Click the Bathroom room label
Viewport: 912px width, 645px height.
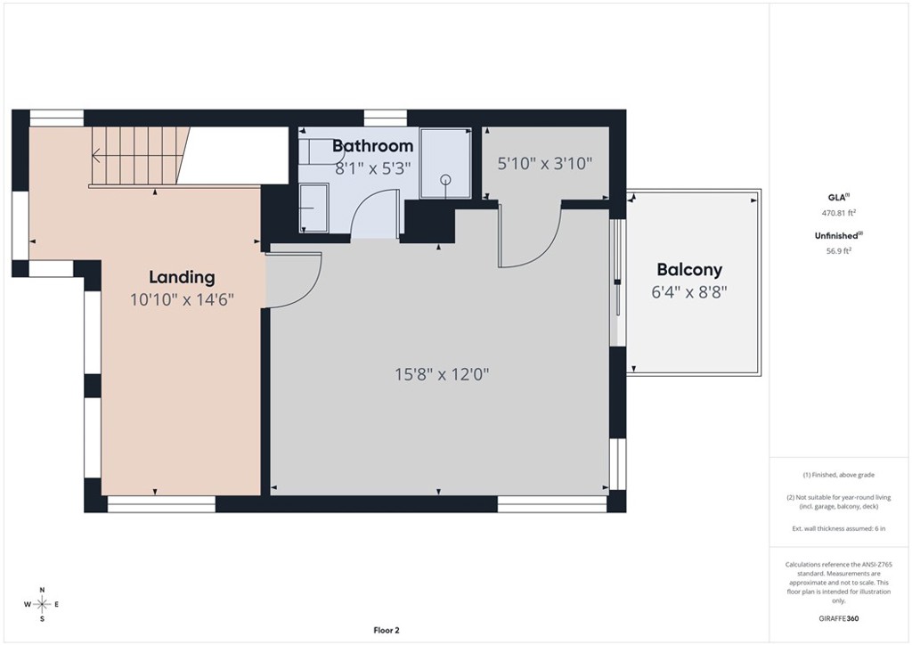point(373,146)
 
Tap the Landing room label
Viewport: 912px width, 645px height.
point(182,277)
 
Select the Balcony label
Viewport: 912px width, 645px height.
point(689,270)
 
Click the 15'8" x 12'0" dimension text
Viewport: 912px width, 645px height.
point(442,374)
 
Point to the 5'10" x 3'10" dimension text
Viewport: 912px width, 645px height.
point(545,163)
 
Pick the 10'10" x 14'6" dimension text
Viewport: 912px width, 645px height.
point(182,300)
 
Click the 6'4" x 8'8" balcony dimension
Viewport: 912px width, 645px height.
point(689,292)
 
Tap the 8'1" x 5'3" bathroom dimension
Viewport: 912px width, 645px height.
point(373,168)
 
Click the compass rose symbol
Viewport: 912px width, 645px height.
point(42,605)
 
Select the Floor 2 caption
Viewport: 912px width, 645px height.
point(387,630)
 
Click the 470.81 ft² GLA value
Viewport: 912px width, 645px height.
point(839,214)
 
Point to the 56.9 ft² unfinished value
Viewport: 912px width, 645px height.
point(839,251)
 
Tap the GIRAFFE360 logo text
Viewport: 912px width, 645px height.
point(839,618)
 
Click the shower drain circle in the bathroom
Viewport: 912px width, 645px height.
point(445,179)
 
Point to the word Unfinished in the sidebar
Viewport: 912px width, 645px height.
point(836,235)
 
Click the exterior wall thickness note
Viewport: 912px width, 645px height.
point(839,528)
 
